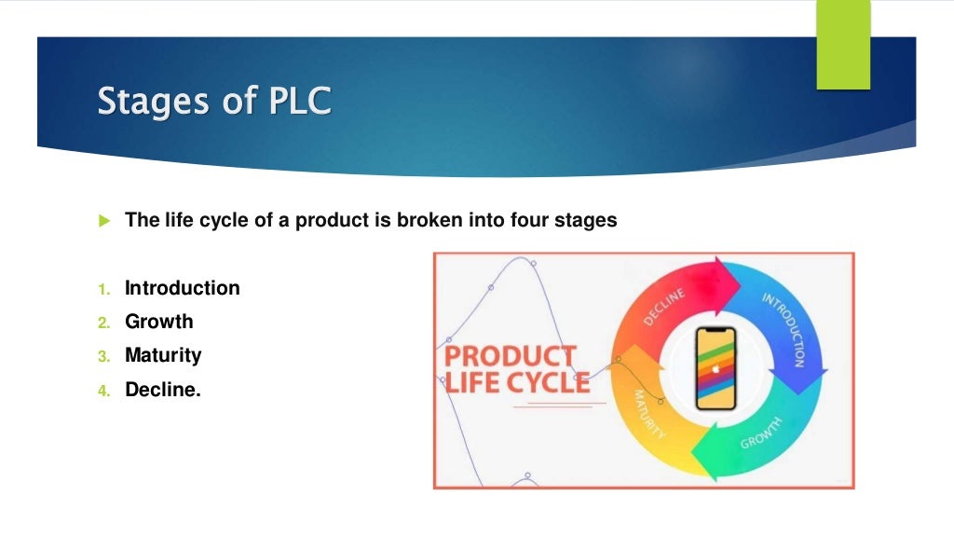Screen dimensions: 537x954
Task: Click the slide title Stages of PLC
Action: click(x=214, y=102)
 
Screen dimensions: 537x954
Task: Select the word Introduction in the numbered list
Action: click(x=182, y=288)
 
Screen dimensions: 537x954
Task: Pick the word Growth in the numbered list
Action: click(x=159, y=322)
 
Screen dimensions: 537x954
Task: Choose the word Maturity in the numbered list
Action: click(x=163, y=355)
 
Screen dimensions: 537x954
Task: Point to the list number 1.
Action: click(x=103, y=289)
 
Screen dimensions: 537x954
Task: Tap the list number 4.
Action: click(x=103, y=391)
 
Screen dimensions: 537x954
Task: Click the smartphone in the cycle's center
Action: click(x=715, y=369)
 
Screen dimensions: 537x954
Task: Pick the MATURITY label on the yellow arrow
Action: click(x=648, y=414)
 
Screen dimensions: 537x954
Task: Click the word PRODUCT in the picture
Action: click(x=510, y=357)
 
